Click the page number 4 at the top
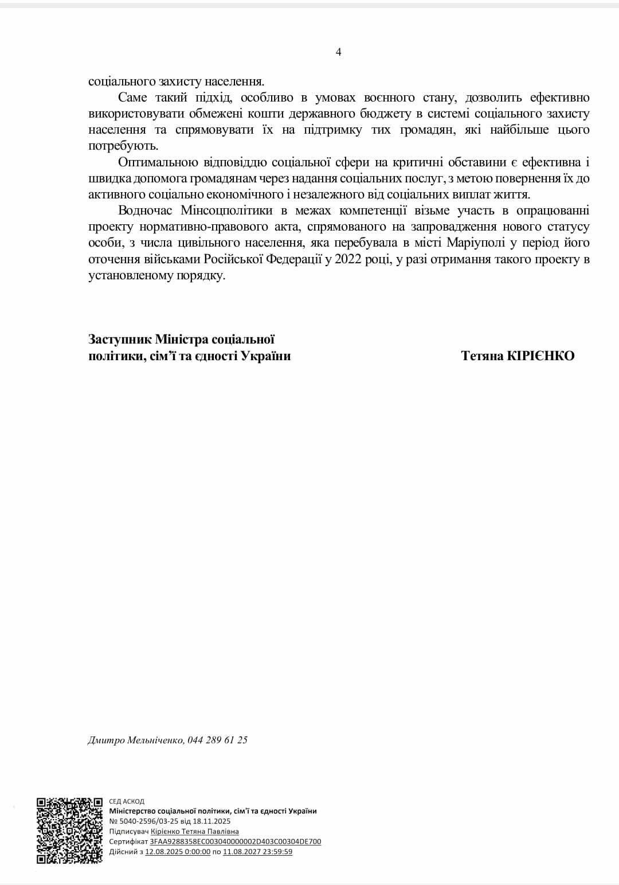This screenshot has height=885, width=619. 338,52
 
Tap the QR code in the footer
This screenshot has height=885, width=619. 69,831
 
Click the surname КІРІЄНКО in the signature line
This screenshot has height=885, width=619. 540,356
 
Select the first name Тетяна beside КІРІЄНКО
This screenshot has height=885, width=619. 482,356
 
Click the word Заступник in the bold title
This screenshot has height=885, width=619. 119,340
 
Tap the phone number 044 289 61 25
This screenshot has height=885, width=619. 218,740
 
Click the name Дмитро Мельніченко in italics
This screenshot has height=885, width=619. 136,740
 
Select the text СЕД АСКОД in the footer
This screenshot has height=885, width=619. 127,801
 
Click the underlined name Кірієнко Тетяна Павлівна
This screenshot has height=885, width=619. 195,832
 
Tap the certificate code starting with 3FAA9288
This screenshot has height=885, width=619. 236,842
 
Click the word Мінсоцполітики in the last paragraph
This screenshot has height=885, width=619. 226,210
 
